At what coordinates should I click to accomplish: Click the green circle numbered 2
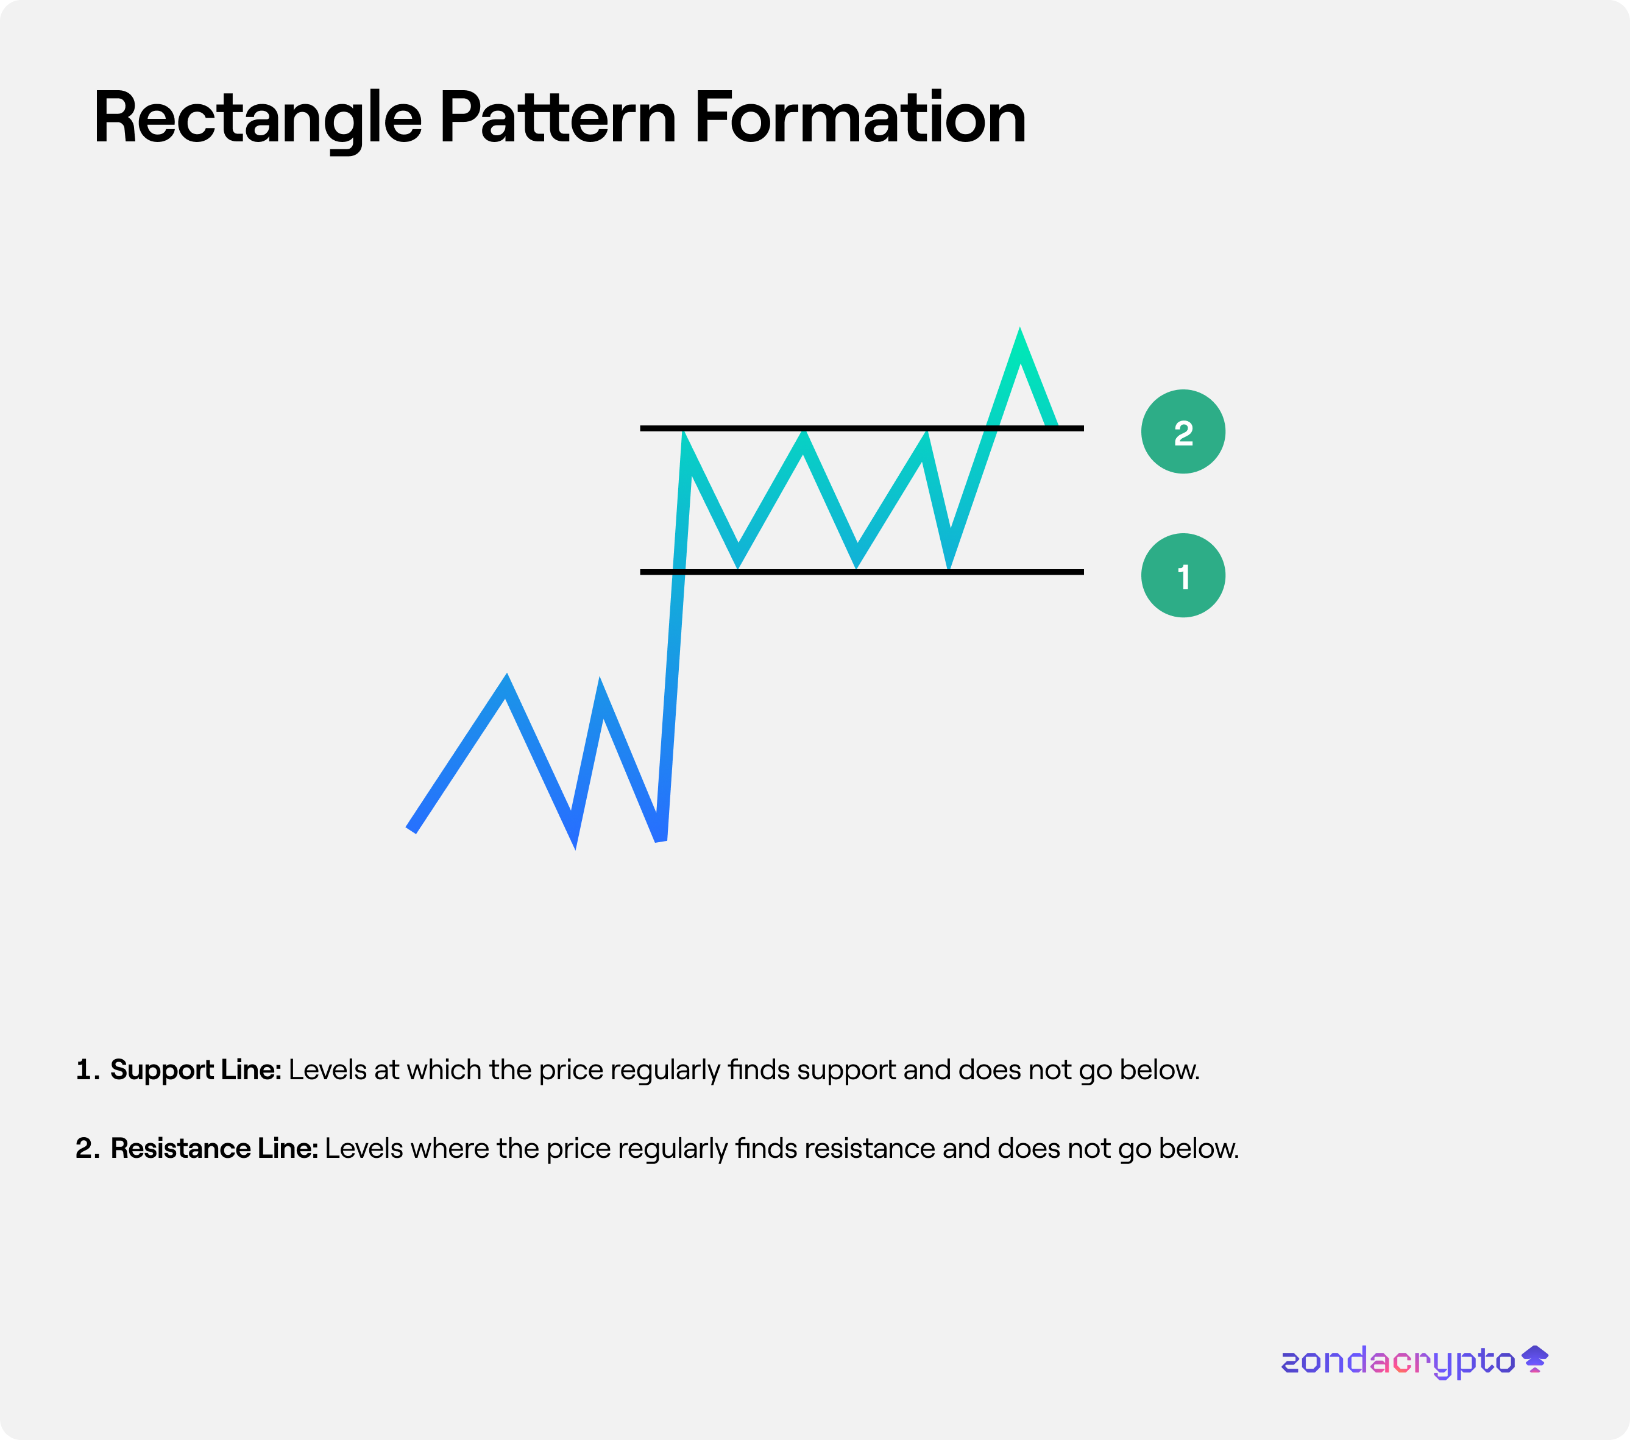point(1183,431)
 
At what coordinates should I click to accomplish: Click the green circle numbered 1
point(1183,575)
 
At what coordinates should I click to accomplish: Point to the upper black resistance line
point(861,428)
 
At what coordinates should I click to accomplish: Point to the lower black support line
point(861,572)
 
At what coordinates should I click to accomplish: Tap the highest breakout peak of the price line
point(1019,332)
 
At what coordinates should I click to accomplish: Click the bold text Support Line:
point(196,1070)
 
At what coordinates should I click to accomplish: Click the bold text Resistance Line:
point(214,1148)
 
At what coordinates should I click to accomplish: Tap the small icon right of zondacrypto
point(1535,1359)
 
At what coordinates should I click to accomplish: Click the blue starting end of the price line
point(411,829)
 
